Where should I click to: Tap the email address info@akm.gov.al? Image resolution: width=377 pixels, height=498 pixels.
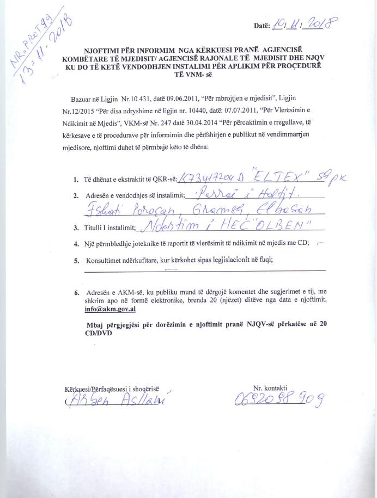107,308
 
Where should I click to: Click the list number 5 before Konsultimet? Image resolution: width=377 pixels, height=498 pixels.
77,261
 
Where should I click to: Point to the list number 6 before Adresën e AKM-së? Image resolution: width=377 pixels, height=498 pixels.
77,293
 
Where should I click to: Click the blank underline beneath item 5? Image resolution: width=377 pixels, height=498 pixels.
205,270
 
